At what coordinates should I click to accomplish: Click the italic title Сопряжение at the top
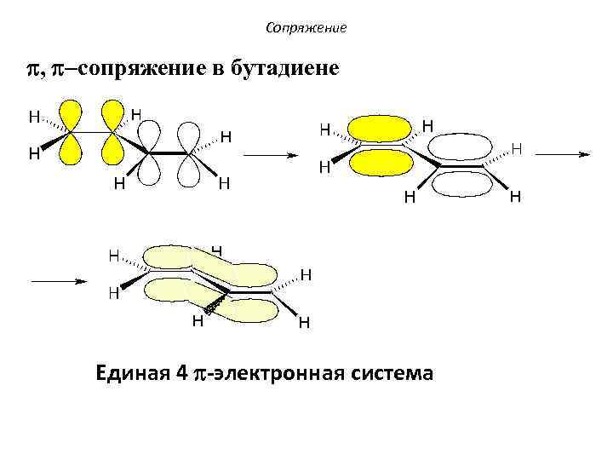click(x=306, y=28)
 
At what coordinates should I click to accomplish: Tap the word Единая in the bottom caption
click(x=135, y=373)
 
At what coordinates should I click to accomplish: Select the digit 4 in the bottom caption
click(x=181, y=373)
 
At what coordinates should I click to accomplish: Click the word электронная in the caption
click(x=285, y=373)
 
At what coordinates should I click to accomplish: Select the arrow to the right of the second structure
click(x=564, y=154)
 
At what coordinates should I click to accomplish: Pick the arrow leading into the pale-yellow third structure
click(x=60, y=280)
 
